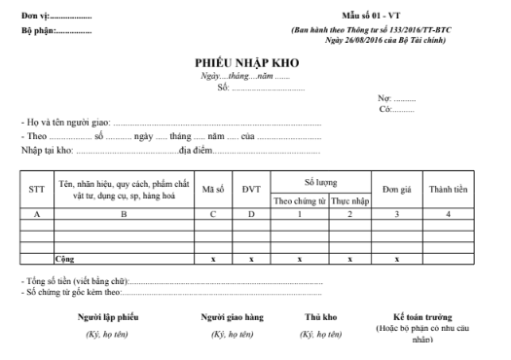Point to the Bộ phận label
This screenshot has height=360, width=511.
(x=37, y=30)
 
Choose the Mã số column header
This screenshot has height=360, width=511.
(x=213, y=189)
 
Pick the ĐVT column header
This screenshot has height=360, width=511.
(x=251, y=189)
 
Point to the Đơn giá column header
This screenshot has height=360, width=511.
(x=393, y=189)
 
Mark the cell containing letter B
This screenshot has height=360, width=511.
(x=124, y=213)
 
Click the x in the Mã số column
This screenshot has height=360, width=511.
(x=213, y=260)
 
